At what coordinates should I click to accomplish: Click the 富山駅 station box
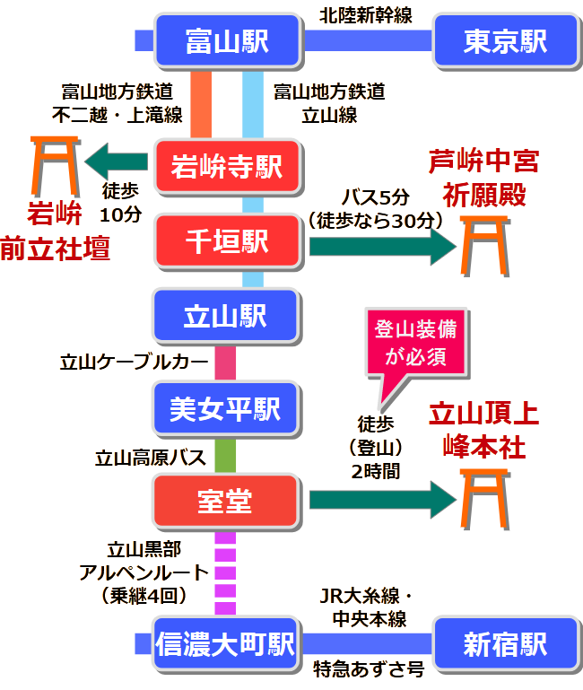(x=226, y=41)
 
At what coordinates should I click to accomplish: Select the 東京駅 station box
(x=505, y=41)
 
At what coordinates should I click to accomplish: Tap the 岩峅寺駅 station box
(x=226, y=166)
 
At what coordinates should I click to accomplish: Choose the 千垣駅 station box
(x=226, y=240)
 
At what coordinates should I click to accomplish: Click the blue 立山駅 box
(x=226, y=316)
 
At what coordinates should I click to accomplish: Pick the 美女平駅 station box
(x=226, y=408)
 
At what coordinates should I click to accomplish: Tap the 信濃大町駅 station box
(x=226, y=643)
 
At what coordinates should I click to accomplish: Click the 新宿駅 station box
(x=505, y=643)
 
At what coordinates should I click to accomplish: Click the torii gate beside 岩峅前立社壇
(x=55, y=165)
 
